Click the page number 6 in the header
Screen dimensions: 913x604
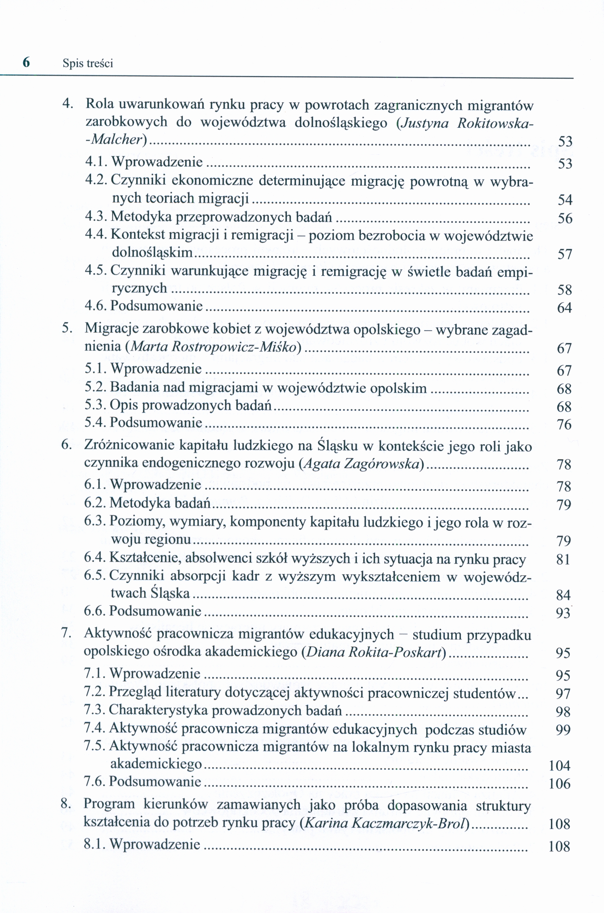(26, 62)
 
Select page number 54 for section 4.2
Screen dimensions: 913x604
(565, 200)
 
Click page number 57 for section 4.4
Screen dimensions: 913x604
(565, 254)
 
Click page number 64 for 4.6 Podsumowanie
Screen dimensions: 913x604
(565, 308)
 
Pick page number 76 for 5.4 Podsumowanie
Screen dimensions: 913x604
(564, 425)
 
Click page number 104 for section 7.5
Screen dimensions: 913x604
(559, 766)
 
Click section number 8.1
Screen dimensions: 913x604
(95, 844)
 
